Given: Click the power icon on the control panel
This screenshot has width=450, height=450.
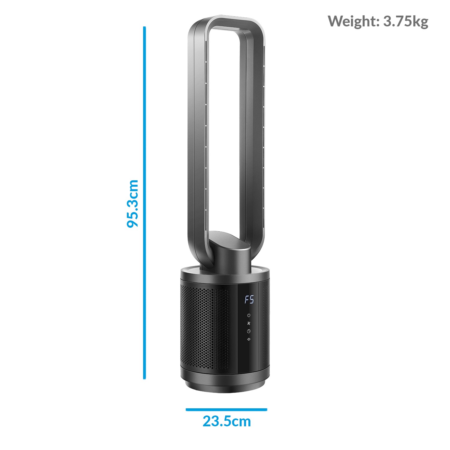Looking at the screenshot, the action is [248, 315].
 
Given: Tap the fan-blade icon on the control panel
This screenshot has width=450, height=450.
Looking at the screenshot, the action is [248, 323].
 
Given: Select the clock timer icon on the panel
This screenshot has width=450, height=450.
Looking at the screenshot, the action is [248, 331].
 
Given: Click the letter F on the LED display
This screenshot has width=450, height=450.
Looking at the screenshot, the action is [247, 300].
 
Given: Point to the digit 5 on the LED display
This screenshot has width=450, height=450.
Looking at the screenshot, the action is [251, 300].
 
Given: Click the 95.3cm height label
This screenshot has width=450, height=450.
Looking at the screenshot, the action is [133, 204].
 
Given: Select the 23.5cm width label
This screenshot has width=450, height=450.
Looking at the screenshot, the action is [226, 421].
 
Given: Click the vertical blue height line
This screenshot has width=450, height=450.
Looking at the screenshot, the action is [144, 203].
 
